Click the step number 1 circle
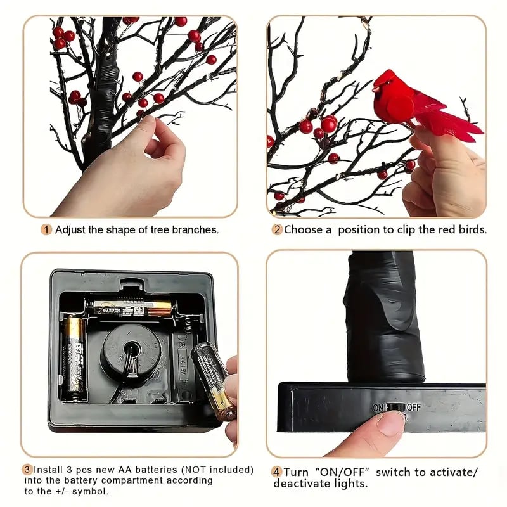pos(46,229)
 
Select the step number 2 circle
pos(277,229)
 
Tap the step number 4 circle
pos(277,472)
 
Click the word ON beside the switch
pos(378,407)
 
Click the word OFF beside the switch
pos(414,407)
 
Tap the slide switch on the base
pos(395,407)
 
